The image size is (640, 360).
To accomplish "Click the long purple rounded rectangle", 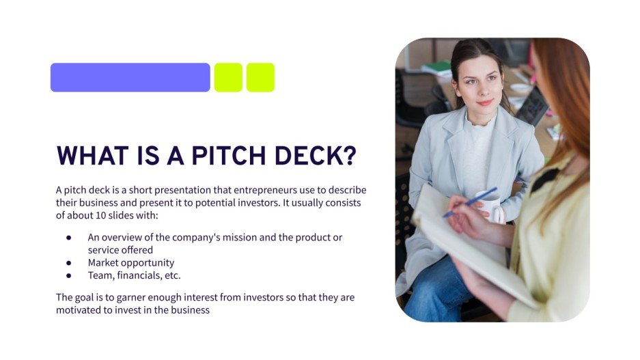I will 130,77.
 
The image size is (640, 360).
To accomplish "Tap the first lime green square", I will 228,77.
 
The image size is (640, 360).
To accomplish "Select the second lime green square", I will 260,77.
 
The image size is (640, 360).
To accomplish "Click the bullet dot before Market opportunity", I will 69,263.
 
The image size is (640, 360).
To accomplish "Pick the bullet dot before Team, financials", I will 69,275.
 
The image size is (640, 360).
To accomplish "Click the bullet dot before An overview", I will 69,238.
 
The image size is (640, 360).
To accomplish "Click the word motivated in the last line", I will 79,310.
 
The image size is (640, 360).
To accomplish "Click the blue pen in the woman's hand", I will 471,203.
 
